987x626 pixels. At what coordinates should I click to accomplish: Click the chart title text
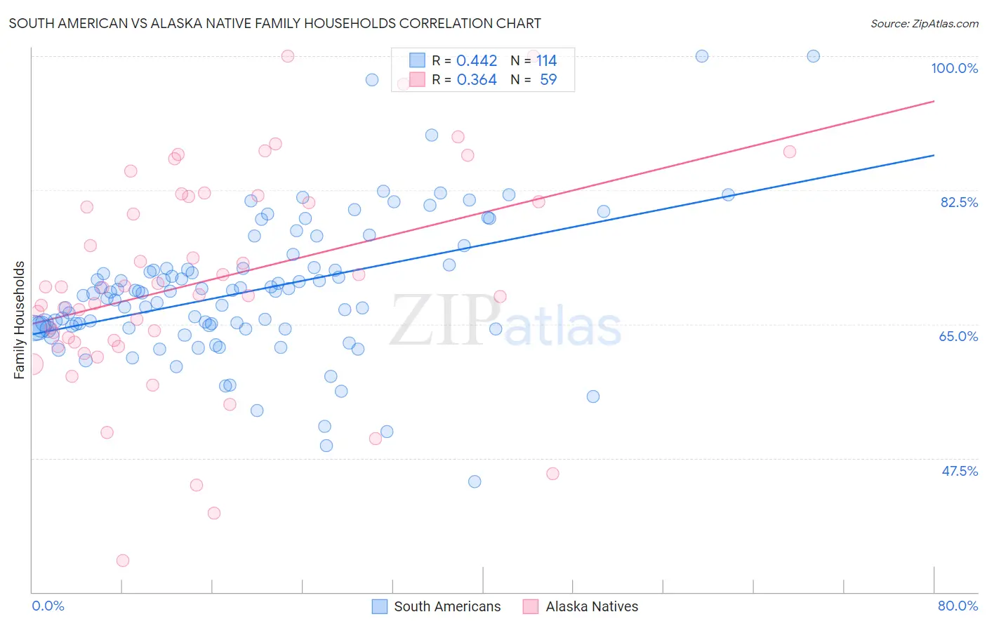(274, 23)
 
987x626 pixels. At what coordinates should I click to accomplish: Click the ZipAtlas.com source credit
(924, 23)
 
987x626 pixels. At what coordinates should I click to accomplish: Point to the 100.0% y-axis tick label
(954, 68)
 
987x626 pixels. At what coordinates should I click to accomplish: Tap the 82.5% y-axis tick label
(959, 202)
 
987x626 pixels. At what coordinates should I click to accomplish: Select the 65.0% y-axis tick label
(958, 336)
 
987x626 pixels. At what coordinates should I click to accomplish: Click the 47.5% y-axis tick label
(959, 471)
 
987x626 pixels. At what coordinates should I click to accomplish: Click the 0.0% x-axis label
(48, 606)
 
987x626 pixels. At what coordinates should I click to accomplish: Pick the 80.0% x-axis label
(958, 606)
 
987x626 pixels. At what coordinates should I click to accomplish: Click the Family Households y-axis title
(20, 320)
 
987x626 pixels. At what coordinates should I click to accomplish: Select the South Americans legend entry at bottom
(447, 606)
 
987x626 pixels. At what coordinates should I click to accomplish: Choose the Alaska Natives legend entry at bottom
(592, 606)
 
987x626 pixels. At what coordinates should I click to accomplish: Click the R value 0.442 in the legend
(477, 61)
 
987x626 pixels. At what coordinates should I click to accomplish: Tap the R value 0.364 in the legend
(477, 80)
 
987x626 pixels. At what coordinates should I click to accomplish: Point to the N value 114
(546, 61)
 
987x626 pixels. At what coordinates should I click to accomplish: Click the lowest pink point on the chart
(123, 560)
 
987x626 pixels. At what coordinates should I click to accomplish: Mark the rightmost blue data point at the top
(813, 56)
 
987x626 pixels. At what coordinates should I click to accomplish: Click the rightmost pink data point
(789, 152)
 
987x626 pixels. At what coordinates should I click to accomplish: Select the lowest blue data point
(475, 481)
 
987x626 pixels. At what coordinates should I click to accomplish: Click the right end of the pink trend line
(934, 101)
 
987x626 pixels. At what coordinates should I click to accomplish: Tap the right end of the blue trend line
(934, 155)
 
